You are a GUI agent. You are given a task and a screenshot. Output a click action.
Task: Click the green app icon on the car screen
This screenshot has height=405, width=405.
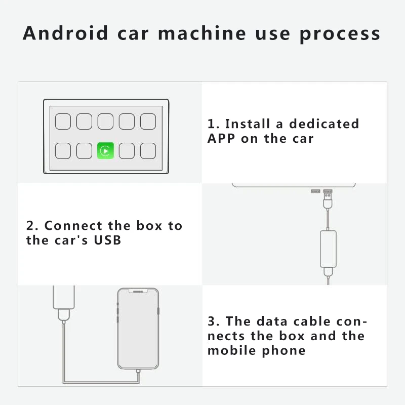(105, 150)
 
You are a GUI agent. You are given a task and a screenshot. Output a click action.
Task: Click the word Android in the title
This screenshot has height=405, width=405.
(65, 33)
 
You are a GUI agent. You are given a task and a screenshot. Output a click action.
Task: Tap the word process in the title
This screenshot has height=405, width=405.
(340, 34)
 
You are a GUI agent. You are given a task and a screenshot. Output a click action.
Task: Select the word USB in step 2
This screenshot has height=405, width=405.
(107, 240)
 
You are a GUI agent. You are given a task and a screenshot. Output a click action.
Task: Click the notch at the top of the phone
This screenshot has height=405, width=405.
(138, 291)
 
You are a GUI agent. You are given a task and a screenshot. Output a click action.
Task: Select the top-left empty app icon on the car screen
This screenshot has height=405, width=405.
(63, 121)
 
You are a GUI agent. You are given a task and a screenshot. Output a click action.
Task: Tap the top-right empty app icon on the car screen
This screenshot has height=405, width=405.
(148, 121)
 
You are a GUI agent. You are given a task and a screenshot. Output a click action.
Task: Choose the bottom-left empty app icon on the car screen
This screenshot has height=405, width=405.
(63, 150)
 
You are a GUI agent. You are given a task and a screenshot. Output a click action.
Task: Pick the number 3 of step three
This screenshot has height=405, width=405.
(213, 321)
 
